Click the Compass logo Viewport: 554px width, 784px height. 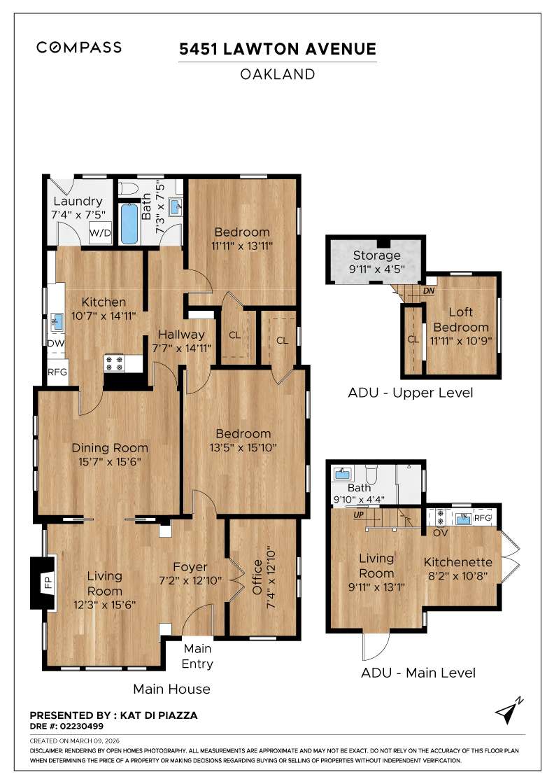pos(79,48)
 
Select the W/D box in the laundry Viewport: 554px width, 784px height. pos(99,233)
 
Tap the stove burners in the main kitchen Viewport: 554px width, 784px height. pos(114,362)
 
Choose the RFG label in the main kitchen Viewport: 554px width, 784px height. pos(57,372)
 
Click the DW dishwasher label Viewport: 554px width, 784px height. pos(56,343)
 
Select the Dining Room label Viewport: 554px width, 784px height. pos(110,448)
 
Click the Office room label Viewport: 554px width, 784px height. pos(257,575)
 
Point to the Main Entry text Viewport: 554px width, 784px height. pos(197,655)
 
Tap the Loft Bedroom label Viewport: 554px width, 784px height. pos(460,320)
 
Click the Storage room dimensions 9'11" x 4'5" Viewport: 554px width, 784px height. pos(376,268)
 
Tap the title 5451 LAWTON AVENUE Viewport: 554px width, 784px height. pos(277,49)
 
